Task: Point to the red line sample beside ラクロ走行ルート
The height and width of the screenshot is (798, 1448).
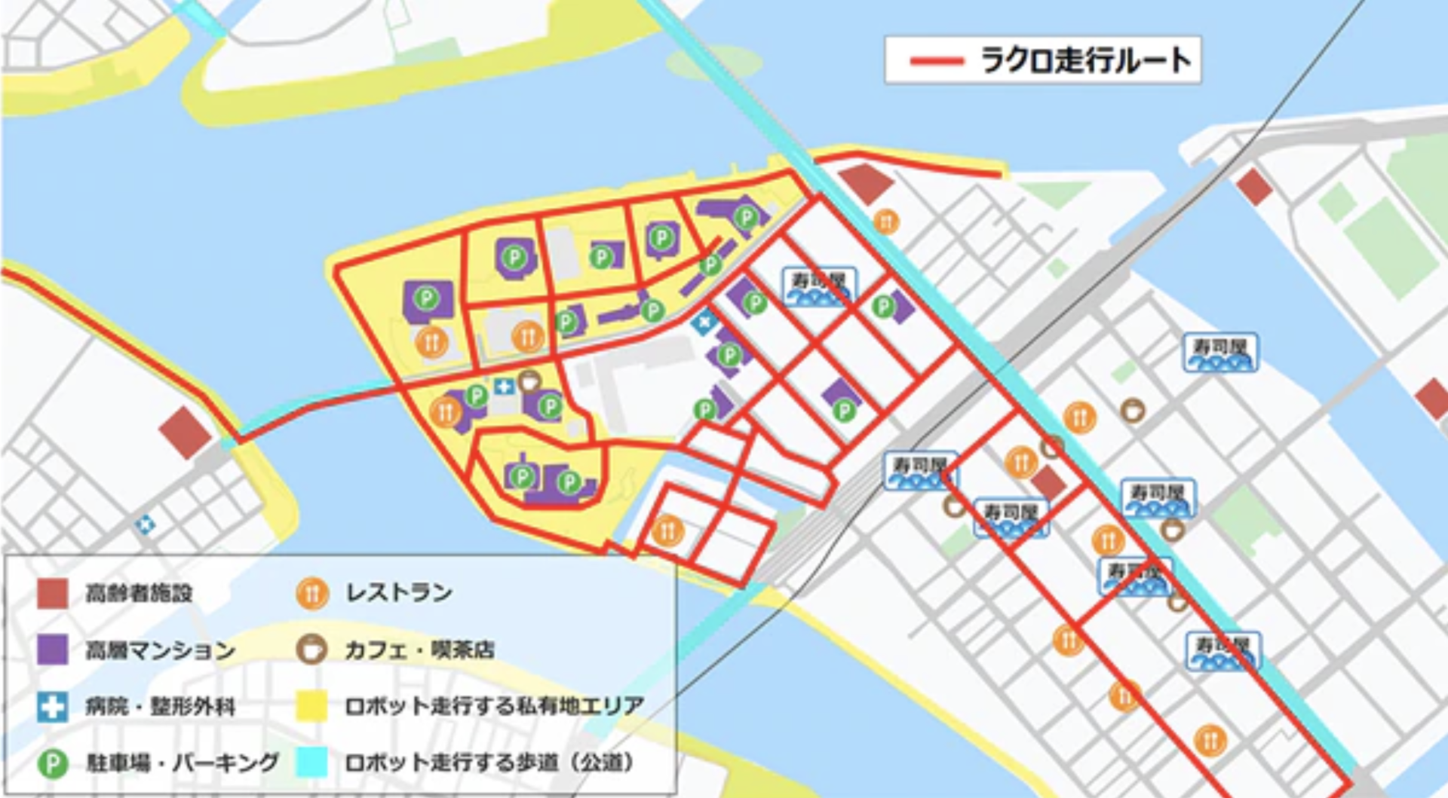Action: click(x=936, y=61)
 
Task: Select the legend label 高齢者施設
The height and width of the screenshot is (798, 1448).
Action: click(x=139, y=593)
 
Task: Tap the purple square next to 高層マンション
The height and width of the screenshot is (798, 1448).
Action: click(x=53, y=650)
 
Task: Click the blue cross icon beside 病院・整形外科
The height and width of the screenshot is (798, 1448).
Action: click(x=53, y=706)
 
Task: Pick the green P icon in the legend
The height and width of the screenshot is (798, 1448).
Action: click(x=53, y=763)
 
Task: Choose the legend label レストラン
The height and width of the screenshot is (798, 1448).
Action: click(x=399, y=593)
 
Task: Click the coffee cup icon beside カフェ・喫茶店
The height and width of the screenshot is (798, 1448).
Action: click(x=311, y=649)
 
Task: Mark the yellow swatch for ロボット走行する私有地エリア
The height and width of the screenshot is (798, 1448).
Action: click(x=311, y=706)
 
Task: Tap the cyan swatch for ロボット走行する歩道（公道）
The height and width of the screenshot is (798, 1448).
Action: click(x=311, y=763)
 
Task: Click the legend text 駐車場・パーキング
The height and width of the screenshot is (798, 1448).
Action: click(x=183, y=763)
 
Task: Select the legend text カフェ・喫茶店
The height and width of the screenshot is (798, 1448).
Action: click(x=419, y=650)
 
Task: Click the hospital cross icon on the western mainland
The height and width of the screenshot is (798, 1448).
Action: click(x=145, y=524)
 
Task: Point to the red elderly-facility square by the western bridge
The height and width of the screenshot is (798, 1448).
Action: click(x=185, y=433)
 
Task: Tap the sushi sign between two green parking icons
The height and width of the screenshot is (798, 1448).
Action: click(x=819, y=287)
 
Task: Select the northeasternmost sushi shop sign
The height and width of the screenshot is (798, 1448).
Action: click(x=1221, y=353)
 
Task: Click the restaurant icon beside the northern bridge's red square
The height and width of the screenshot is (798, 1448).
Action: click(x=886, y=222)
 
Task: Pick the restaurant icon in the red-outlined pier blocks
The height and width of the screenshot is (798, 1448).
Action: click(x=667, y=530)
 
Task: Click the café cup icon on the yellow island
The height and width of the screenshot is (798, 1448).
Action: click(x=529, y=381)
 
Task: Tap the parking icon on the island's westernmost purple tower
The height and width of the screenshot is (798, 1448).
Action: click(x=427, y=298)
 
